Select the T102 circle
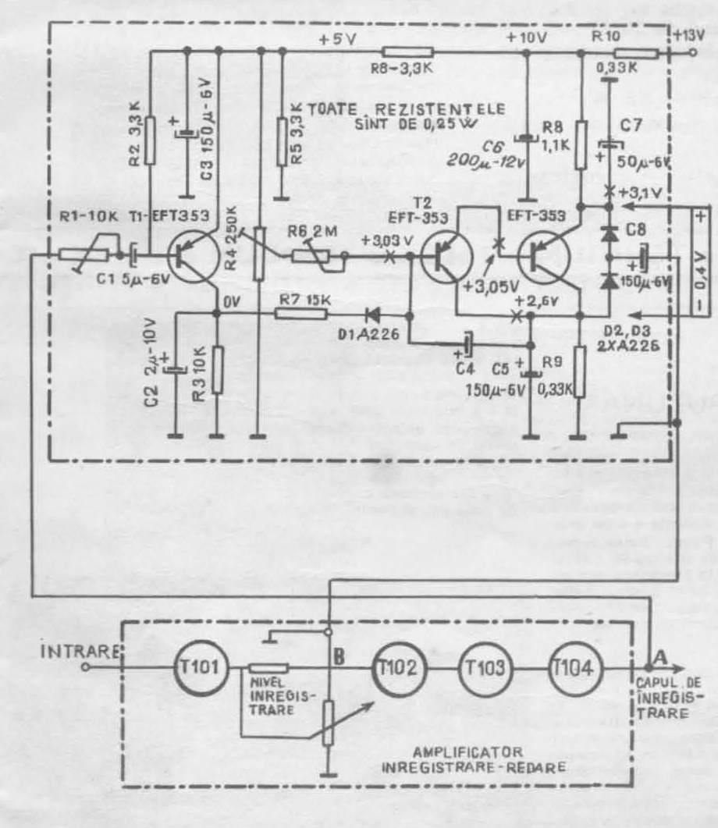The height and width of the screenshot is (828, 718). coord(393,668)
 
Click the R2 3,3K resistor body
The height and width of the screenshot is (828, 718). coord(151,133)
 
